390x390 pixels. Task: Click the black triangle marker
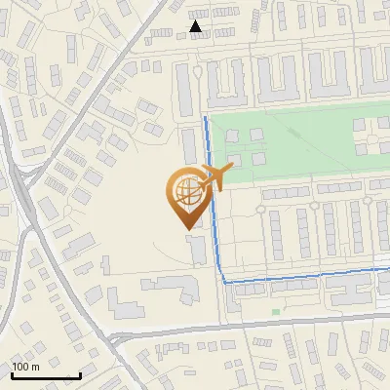(197, 26)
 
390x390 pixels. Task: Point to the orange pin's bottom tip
(186, 228)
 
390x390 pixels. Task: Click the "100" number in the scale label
(21, 367)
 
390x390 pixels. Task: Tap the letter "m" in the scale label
(36, 367)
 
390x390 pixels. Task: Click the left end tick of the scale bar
(11, 374)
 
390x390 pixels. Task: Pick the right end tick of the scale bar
(80, 374)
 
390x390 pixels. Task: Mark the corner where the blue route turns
(225, 282)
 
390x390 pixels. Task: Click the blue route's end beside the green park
(205, 118)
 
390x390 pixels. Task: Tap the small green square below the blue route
(275, 312)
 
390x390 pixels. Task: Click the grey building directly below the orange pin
(198, 249)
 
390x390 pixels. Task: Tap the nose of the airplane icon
(233, 172)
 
